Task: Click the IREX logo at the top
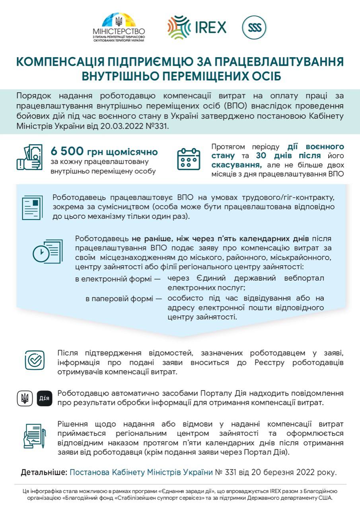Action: [197, 27]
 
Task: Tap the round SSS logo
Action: [254, 27]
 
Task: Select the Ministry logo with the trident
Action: [119, 27]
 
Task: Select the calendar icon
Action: [189, 159]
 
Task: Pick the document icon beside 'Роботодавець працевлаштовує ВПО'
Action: [32, 207]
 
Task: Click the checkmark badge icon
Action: [35, 360]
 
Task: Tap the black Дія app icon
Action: [45, 398]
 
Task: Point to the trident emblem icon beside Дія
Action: [25, 398]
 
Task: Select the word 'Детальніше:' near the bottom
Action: [44, 473]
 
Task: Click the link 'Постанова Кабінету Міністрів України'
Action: [141, 473]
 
